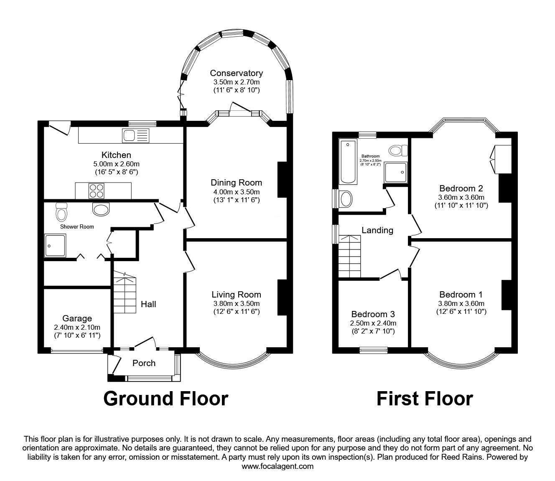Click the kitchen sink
(x=135, y=135)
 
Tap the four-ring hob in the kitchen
(x=97, y=191)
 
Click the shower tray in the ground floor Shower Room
(x=55, y=245)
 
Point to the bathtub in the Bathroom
(x=348, y=161)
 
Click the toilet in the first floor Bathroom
(x=398, y=150)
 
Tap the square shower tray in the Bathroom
(x=395, y=172)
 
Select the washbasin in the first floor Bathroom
(x=345, y=199)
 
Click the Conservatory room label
(x=236, y=73)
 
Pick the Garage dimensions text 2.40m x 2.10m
(x=77, y=327)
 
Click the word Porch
(x=144, y=363)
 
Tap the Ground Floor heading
(x=165, y=399)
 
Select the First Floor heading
(x=425, y=399)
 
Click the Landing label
(x=377, y=230)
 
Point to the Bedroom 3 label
(x=373, y=314)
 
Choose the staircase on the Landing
(x=350, y=256)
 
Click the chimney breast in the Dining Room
(x=282, y=180)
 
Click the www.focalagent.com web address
(x=277, y=466)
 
